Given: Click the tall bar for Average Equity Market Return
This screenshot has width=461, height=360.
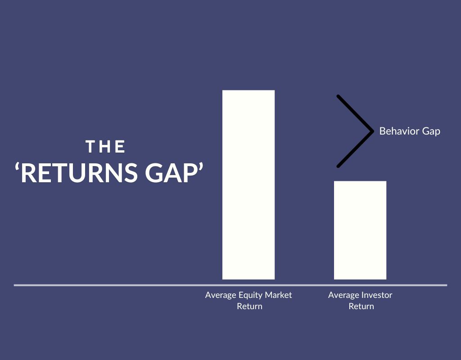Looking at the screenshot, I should click(249, 184).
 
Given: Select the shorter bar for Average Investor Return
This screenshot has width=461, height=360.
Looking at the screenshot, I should click(360, 230).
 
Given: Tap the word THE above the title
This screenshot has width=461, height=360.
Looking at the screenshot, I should click(106, 147).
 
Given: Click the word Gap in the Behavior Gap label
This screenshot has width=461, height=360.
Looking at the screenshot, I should click(431, 132).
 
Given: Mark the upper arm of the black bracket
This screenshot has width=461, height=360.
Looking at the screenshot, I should click(355, 113).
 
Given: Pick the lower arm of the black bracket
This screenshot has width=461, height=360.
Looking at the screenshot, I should click(355, 149).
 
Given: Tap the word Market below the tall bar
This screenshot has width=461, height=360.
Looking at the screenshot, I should click(277, 295).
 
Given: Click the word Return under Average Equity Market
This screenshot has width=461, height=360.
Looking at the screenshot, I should click(249, 306).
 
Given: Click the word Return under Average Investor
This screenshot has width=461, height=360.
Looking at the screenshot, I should click(361, 306).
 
